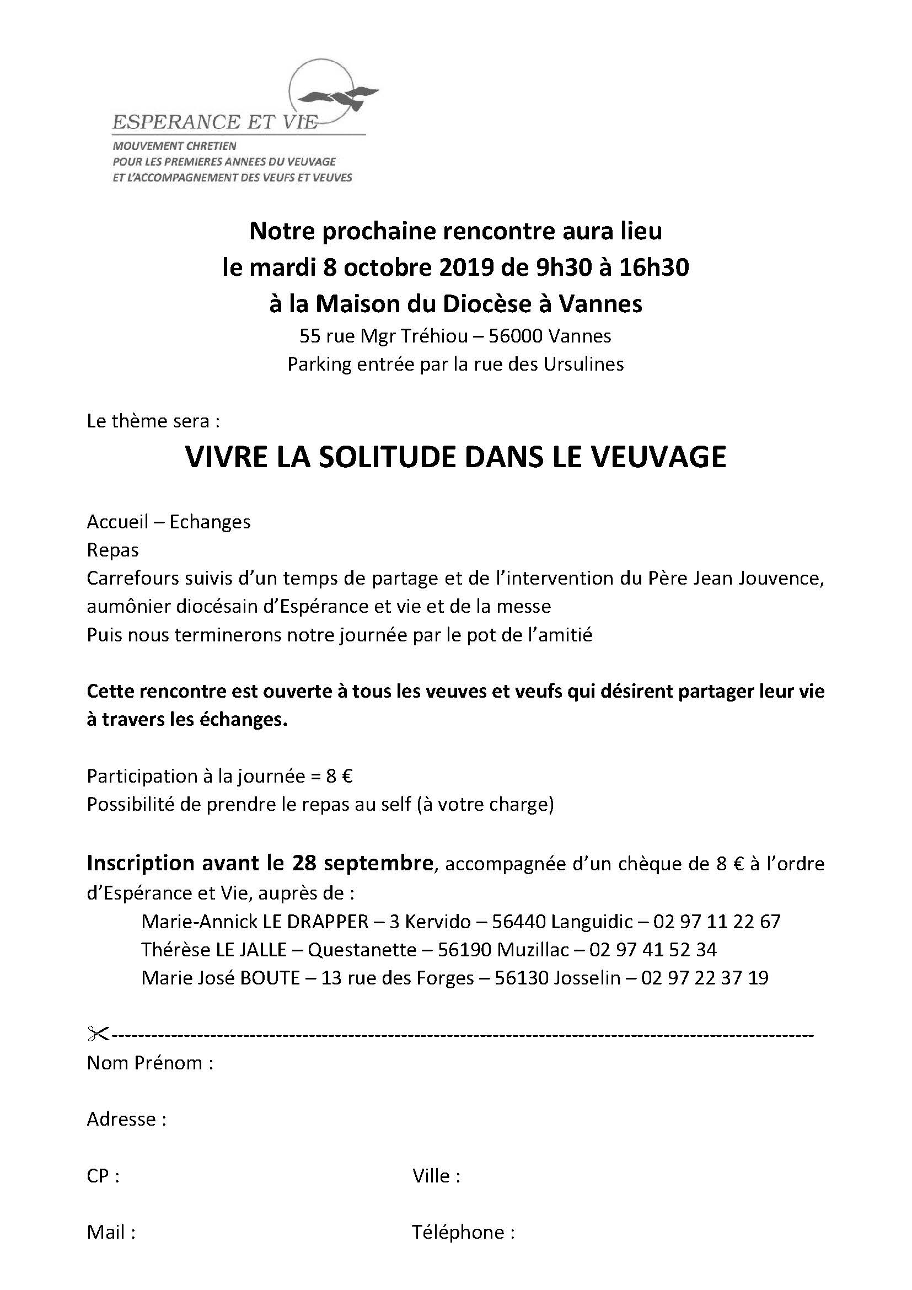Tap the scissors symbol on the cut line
[96, 1034]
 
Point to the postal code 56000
[515, 336]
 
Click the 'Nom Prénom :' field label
[150, 1063]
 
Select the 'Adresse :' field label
[126, 1119]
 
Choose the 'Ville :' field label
[436, 1176]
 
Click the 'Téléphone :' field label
[463, 1232]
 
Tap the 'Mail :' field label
[111, 1232]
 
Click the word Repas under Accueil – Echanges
[113, 550]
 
